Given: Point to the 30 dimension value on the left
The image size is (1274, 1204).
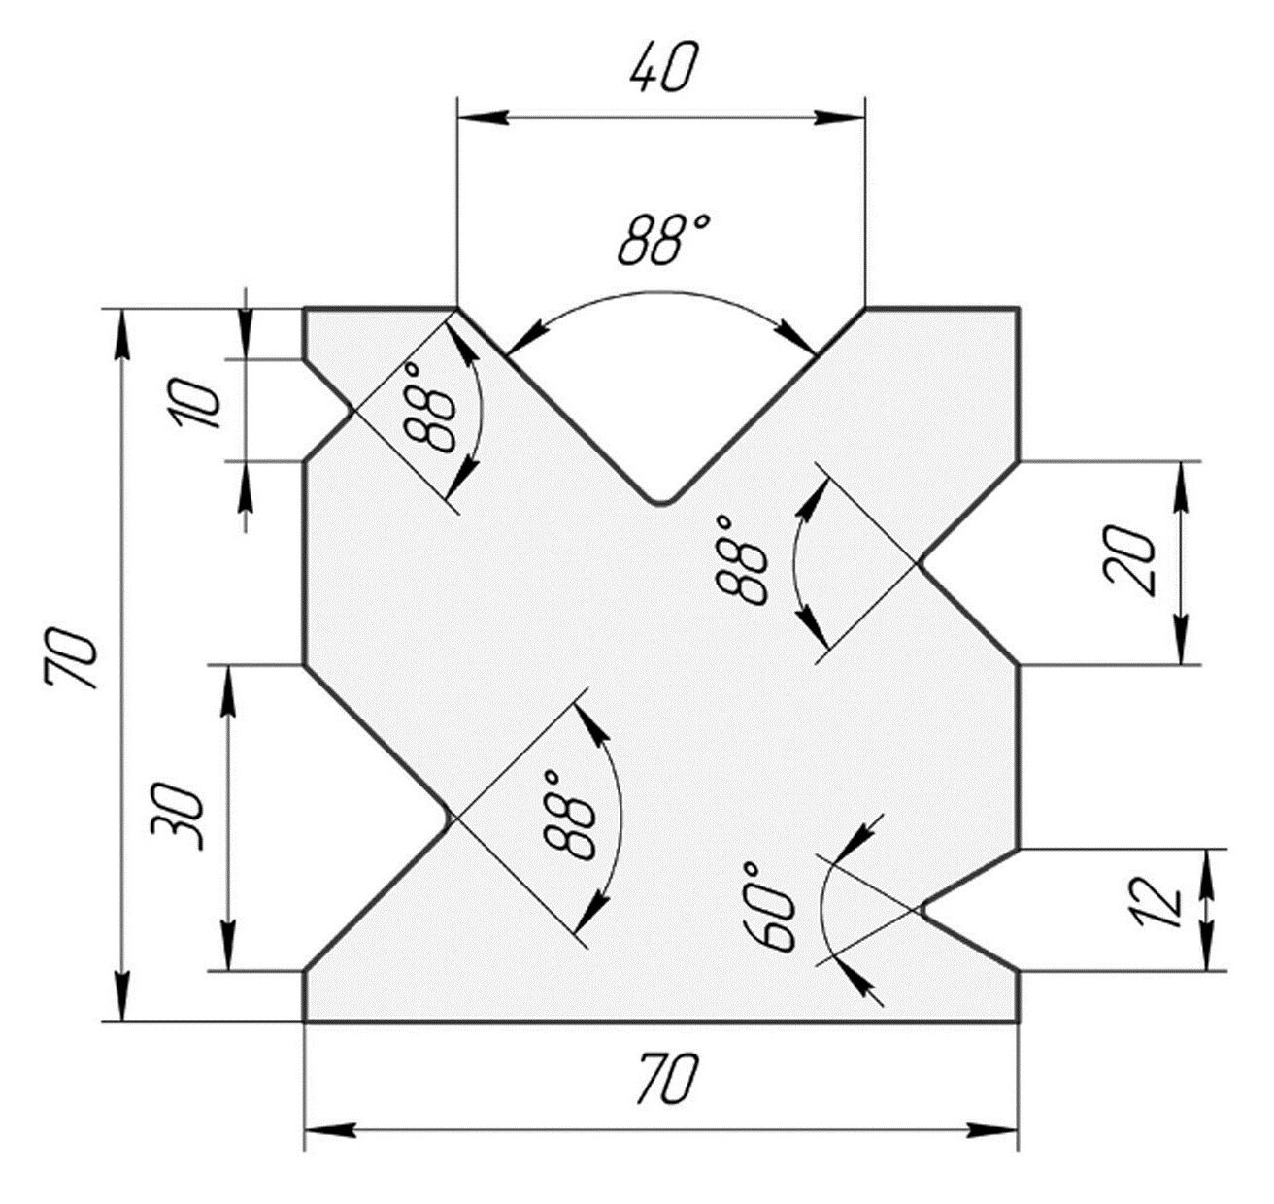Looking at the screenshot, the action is (178, 817).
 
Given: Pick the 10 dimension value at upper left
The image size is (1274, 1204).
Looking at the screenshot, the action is (196, 404).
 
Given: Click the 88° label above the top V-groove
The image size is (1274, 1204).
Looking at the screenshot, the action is (663, 241).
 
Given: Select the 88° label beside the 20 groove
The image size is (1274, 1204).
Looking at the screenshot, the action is (741, 560).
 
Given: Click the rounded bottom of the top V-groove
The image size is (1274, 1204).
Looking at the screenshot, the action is (661, 502).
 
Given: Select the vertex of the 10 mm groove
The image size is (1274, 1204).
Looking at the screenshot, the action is (353, 410).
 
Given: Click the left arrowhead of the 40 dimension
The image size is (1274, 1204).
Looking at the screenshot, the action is (481, 117).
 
